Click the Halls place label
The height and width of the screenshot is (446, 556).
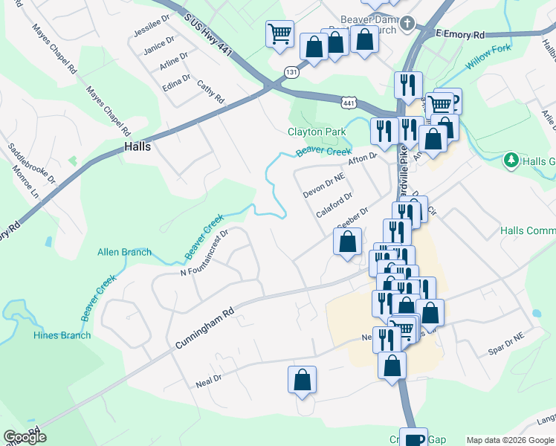pyautogui.click(x=138, y=146)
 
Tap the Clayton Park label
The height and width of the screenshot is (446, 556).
pyautogui.click(x=317, y=132)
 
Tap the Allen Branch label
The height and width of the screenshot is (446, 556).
pyautogui.click(x=124, y=252)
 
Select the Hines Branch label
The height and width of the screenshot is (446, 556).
pyautogui.click(x=62, y=335)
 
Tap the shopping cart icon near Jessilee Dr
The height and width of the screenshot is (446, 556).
pyautogui.click(x=279, y=33)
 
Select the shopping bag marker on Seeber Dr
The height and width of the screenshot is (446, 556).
pyautogui.click(x=347, y=241)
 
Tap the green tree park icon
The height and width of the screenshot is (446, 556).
pyautogui.click(x=511, y=160)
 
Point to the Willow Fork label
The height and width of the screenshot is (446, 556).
pyautogui.click(x=488, y=59)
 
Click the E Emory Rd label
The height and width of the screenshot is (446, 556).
pyautogui.click(x=460, y=34)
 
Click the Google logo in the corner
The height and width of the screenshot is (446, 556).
pyautogui.click(x=25, y=437)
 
